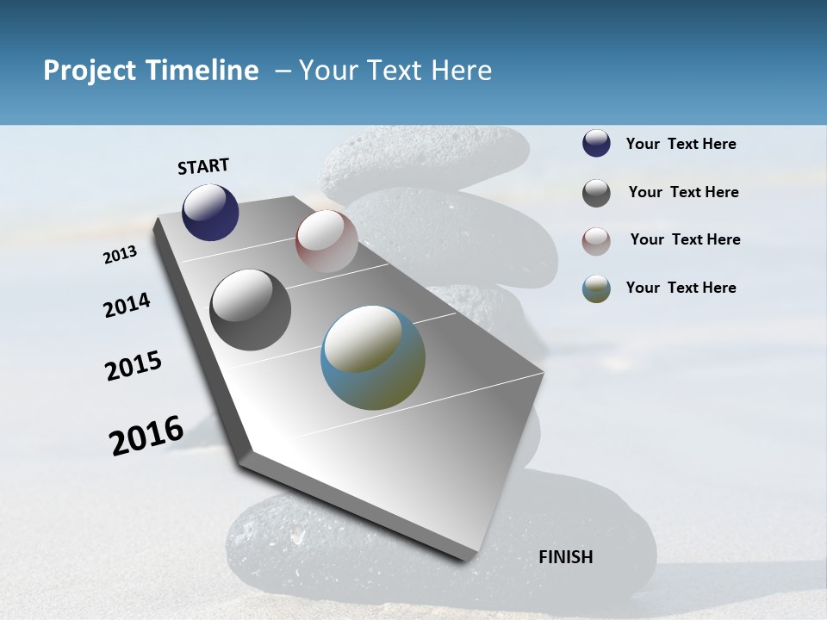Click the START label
tap(203, 166)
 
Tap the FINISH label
tap(565, 557)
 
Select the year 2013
tap(121, 255)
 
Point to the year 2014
tap(127, 306)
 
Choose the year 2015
tap(134, 366)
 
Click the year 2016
tap(146, 435)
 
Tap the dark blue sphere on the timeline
tap(210, 212)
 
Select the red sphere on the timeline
tap(326, 240)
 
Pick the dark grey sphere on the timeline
tap(250, 310)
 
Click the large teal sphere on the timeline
tap(373, 356)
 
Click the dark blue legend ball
tap(596, 144)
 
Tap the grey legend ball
tap(596, 193)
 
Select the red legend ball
tap(596, 241)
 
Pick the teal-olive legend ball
tap(596, 288)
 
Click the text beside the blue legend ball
tap(681, 144)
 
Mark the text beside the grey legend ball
tap(683, 192)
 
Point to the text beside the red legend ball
tap(685, 239)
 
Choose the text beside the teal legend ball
tap(681, 288)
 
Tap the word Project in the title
tap(89, 71)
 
